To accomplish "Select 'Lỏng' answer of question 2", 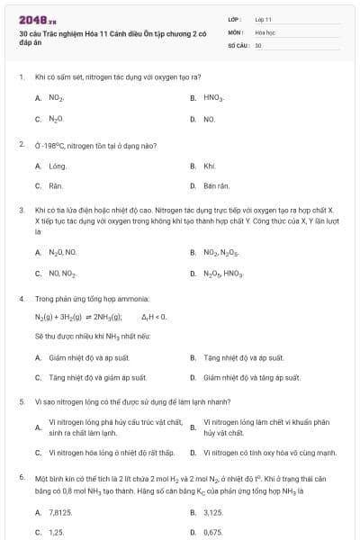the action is point(58,166).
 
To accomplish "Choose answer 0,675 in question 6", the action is point(213,532).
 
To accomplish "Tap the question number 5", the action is point(22,402).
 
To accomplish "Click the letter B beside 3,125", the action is point(193,512).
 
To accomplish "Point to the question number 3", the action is point(22,209).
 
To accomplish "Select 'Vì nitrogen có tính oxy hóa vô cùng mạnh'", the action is point(269,453).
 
